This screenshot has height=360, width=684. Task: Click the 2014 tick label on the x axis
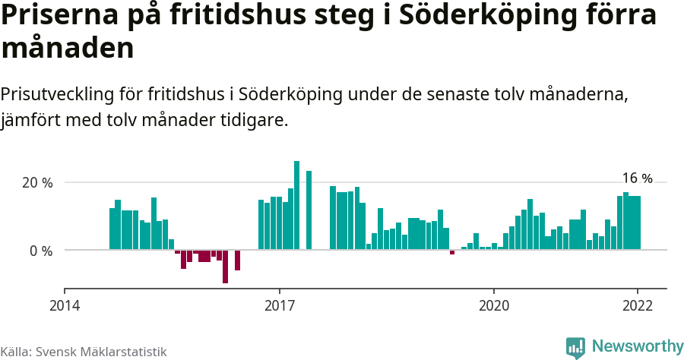pyautogui.click(x=65, y=306)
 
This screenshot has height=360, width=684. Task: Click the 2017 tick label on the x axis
pyautogui.click(x=280, y=306)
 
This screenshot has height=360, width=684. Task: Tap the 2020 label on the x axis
pyautogui.click(x=494, y=306)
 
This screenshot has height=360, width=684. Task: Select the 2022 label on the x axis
pyautogui.click(x=637, y=306)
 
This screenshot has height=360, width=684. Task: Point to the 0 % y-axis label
pyautogui.click(x=41, y=251)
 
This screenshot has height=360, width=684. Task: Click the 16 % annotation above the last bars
pyautogui.click(x=637, y=178)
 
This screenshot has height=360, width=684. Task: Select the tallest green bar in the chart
pyautogui.click(x=296, y=205)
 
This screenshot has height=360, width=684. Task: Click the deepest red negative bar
pyautogui.click(x=225, y=267)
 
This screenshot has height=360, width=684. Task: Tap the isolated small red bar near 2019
pyautogui.click(x=452, y=252)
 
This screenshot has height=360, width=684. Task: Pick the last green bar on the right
pyautogui.click(x=638, y=223)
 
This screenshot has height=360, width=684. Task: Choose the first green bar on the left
pyautogui.click(x=112, y=229)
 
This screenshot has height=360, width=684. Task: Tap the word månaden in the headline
pyautogui.click(x=68, y=49)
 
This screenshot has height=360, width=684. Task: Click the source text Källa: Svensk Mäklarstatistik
pyautogui.click(x=83, y=352)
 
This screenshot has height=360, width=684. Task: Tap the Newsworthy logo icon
pyautogui.click(x=575, y=347)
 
